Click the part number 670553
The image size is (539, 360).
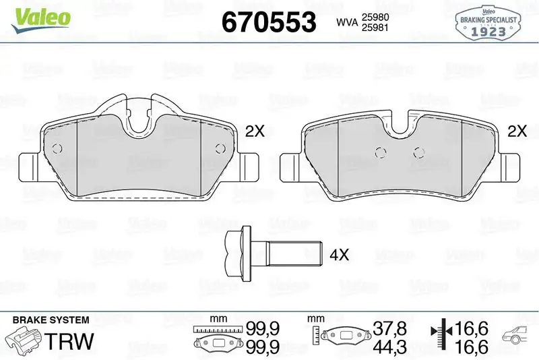268,22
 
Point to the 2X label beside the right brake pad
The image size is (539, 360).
516,131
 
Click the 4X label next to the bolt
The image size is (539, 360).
339,256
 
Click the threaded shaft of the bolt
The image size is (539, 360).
292,255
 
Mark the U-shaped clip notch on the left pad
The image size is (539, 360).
140,118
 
